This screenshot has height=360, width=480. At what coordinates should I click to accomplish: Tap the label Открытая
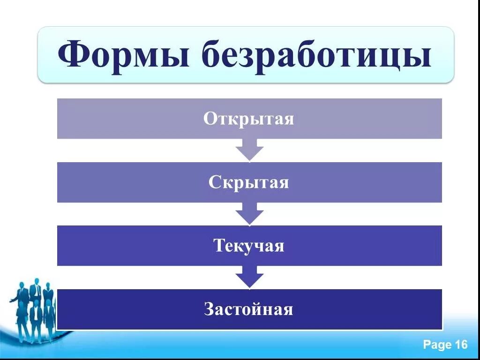pyautogui.click(x=249, y=119)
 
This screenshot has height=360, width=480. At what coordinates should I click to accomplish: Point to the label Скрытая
pyautogui.click(x=249, y=182)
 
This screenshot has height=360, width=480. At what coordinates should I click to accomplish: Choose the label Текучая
pyautogui.click(x=249, y=246)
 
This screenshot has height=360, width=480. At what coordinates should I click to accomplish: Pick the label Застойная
pyautogui.click(x=249, y=309)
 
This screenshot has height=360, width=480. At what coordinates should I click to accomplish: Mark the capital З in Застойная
pyautogui.click(x=210, y=309)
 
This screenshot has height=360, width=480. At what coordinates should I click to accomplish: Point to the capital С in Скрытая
pyautogui.click(x=214, y=182)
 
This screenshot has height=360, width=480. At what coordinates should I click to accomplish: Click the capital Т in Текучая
pyautogui.click(x=219, y=246)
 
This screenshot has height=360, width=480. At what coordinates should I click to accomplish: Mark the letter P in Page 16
pyautogui.click(x=427, y=345)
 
